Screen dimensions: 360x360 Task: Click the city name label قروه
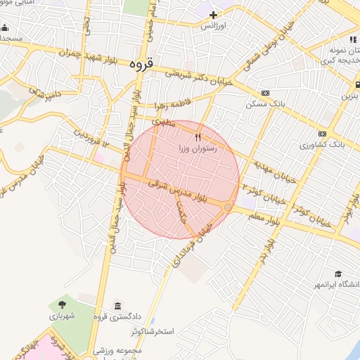pyautogui.click(x=141, y=63)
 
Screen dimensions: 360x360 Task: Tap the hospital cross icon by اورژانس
pyautogui.click(x=213, y=14)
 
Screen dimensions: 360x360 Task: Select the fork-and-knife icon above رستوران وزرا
pyautogui.click(x=198, y=137)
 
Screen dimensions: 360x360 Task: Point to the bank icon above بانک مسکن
pyautogui.click(x=265, y=93)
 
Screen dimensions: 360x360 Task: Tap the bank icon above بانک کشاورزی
pyautogui.click(x=322, y=133)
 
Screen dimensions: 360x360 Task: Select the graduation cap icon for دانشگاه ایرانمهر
pyautogui.click(x=338, y=274)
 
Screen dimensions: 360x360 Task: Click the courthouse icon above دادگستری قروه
pyautogui.click(x=117, y=306)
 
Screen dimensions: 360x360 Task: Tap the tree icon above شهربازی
pyautogui.click(x=63, y=305)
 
